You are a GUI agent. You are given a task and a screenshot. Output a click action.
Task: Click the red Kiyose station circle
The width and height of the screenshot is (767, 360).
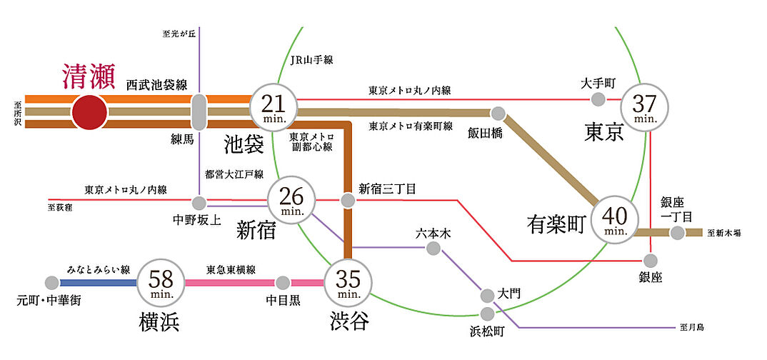[89, 113]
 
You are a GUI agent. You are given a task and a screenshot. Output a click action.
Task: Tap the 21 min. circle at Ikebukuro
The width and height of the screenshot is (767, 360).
[273, 109]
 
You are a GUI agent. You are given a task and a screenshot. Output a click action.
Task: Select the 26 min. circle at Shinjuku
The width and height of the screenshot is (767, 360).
[291, 198]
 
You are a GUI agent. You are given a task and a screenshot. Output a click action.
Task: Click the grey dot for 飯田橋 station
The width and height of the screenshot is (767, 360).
[498, 113]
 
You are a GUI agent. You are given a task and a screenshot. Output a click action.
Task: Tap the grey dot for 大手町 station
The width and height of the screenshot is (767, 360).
[598, 99]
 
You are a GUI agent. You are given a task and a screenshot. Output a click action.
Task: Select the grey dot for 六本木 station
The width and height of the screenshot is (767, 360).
[433, 248]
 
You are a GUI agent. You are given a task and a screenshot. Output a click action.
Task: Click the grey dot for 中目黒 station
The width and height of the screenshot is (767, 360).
[283, 282]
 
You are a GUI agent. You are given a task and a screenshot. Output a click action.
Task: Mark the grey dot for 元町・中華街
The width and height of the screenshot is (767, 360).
[51, 283]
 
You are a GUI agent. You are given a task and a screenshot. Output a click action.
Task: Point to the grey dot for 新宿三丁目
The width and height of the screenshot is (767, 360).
[348, 201]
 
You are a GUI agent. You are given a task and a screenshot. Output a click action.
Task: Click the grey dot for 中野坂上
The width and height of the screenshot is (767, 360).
[199, 202]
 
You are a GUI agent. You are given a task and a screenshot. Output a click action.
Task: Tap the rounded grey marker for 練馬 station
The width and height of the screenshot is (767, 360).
[199, 113]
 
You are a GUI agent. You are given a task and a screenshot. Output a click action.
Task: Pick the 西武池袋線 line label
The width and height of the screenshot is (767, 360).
[156, 85]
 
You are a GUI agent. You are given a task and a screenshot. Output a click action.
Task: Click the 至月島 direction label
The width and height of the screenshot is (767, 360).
[692, 327]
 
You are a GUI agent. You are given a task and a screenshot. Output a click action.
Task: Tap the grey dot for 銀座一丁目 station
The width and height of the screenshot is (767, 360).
[676, 232]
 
